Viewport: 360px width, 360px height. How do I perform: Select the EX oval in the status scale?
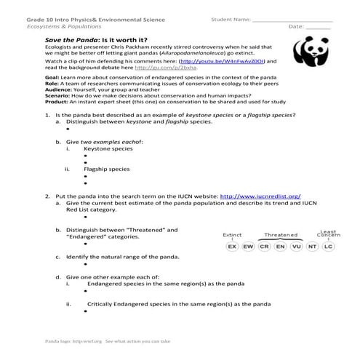(x=232, y=247)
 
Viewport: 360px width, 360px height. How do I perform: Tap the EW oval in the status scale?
(x=248, y=247)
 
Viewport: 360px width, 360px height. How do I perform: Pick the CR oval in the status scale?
(x=264, y=247)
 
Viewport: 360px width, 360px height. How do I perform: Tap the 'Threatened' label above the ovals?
(x=281, y=235)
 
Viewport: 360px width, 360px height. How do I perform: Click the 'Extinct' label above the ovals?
(x=232, y=235)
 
